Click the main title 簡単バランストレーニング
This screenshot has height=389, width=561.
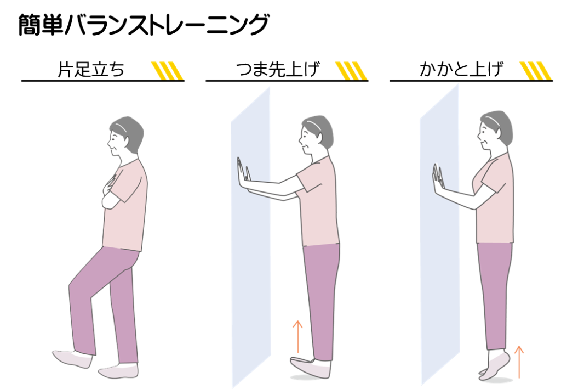(143, 25)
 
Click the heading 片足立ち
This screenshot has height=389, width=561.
(91, 70)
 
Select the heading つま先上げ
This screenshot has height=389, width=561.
(278, 70)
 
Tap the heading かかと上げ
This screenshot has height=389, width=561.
(461, 70)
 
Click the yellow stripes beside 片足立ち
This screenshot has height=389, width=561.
(168, 71)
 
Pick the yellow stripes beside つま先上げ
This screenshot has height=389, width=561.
(351, 71)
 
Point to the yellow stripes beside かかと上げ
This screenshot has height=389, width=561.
(536, 71)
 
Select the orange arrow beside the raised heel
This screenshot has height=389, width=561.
(519, 362)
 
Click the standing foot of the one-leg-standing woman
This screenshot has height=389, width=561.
(118, 371)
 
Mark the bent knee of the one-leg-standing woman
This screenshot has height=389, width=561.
(74, 284)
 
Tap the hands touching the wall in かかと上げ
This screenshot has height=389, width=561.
(438, 178)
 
